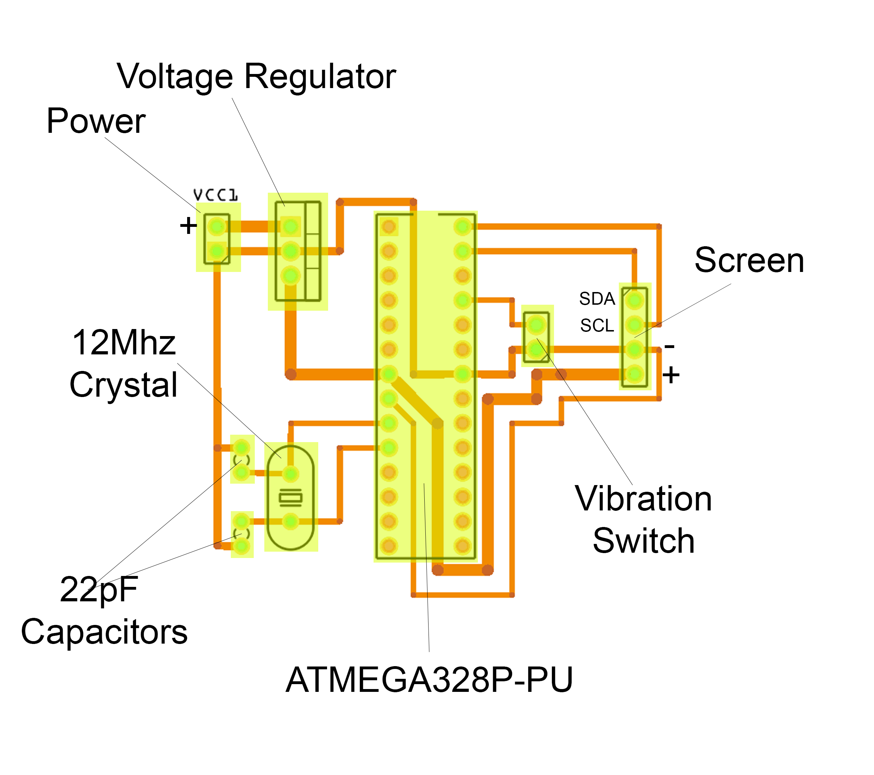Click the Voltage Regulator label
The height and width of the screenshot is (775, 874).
[x=257, y=77]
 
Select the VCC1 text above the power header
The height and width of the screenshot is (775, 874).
[x=216, y=195]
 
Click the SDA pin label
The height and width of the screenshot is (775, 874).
[x=597, y=299]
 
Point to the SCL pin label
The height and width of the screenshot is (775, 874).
[x=597, y=326]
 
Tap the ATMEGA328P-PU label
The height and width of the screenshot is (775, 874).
[x=429, y=680]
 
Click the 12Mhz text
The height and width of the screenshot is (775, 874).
[x=124, y=343]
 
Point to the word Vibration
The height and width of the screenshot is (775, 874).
[x=643, y=499]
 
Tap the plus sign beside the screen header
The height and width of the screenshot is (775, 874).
[x=671, y=375]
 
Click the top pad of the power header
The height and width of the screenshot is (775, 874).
[x=217, y=226]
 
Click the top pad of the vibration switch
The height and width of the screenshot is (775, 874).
[x=536, y=325]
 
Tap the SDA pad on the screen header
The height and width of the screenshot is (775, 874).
[x=635, y=300]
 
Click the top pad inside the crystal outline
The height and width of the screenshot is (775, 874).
[x=291, y=473]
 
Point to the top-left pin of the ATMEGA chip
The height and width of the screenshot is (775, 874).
[x=389, y=226]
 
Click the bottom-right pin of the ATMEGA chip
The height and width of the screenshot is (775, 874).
[x=462, y=546]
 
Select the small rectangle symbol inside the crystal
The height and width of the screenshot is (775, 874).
[x=291, y=497]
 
